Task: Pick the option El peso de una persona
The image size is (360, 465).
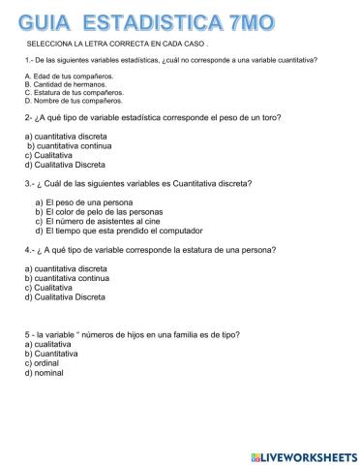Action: point(88,200)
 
